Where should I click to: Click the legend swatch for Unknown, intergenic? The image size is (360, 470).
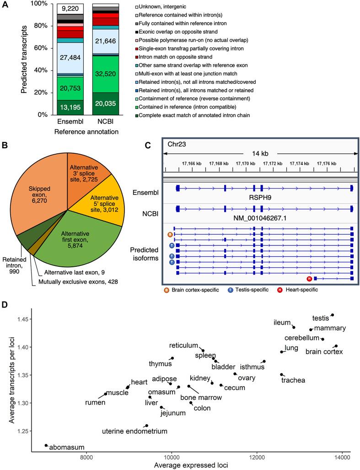[x=138, y=8]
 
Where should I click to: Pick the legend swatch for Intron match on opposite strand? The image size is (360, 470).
[x=138, y=57]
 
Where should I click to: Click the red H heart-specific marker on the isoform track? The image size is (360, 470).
[x=309, y=278]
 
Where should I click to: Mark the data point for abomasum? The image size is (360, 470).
[x=46, y=445]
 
